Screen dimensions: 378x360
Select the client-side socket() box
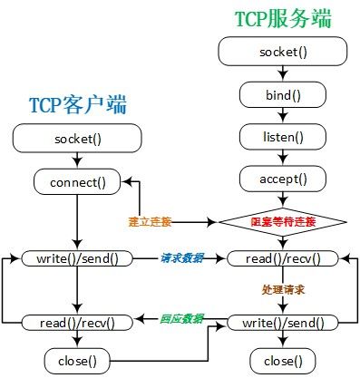pos(77,139)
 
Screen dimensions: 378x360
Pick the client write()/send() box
pos(77,258)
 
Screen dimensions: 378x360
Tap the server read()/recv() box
pos(283,258)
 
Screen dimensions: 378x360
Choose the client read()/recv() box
pos(77,322)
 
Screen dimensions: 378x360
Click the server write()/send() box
pos(283,322)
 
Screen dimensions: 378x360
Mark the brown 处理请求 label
pos(284,290)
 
